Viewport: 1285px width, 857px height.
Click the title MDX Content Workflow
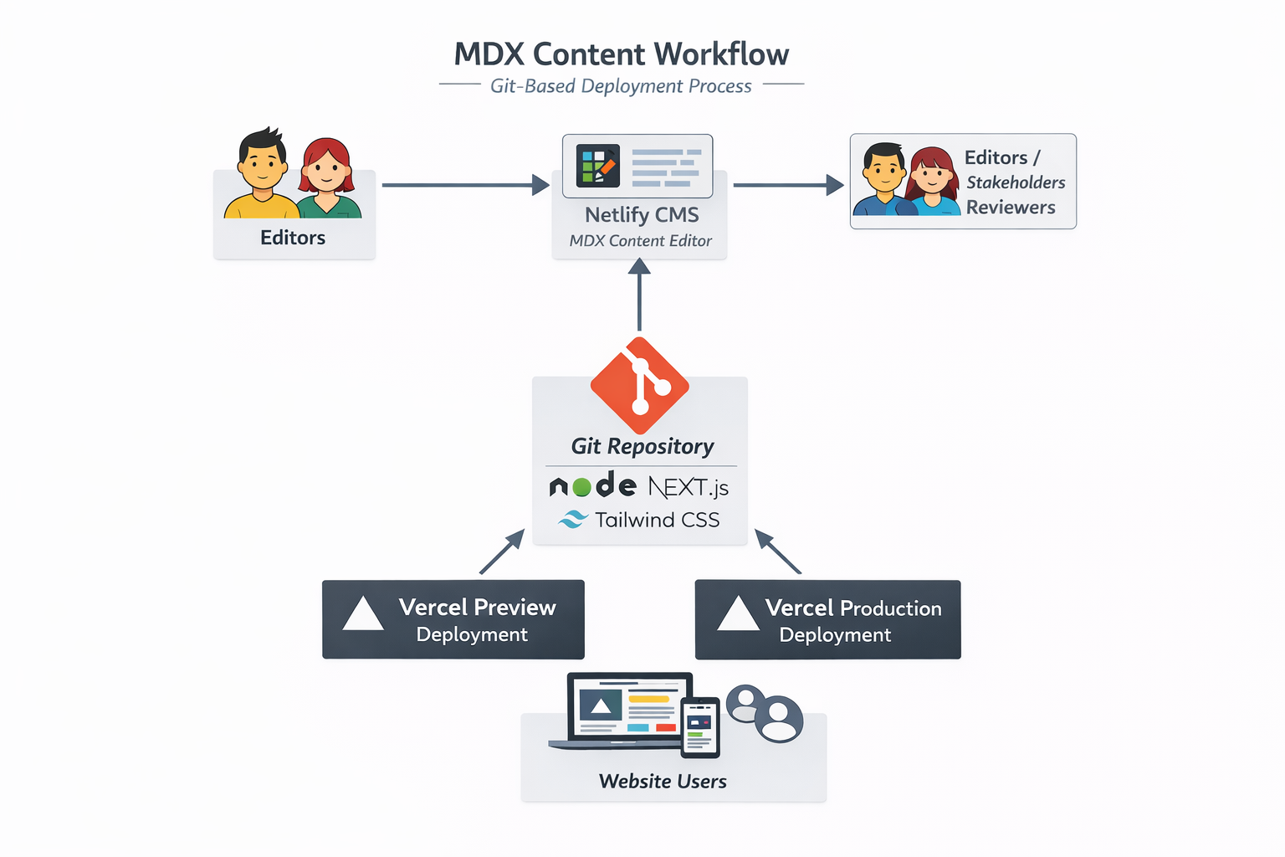coord(621,54)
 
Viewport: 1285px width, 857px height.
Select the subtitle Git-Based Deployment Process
coord(621,86)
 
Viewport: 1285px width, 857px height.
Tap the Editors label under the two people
coord(293,238)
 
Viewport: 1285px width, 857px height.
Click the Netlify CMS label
coord(642,215)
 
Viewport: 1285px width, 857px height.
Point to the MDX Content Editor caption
coord(640,241)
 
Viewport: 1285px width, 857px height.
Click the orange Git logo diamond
coord(640,386)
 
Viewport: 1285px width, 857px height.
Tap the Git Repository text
coord(642,446)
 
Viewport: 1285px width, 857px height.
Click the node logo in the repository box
coord(592,485)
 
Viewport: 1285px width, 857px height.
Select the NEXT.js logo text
coord(689,487)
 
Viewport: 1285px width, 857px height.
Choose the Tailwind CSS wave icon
coord(573,520)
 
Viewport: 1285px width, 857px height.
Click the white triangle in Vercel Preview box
coord(363,614)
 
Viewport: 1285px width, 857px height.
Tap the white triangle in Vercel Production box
coord(738,614)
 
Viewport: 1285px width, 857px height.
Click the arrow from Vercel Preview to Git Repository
coord(502,552)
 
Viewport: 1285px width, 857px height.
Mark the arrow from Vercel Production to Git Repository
coord(778,552)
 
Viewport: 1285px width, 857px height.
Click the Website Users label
coord(663,782)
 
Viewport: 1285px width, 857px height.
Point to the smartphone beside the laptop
coord(700,727)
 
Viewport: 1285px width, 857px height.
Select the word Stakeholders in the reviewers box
coord(1016,182)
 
